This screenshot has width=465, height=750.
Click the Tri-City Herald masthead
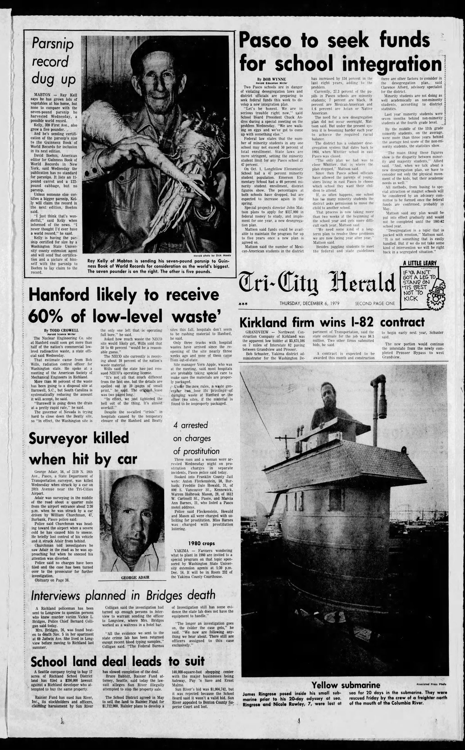pos(316,282)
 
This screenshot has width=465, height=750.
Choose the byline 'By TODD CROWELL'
pos(62,330)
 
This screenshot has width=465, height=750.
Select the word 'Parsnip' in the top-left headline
pos(52,44)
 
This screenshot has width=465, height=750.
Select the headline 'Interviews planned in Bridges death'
pos(123,595)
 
